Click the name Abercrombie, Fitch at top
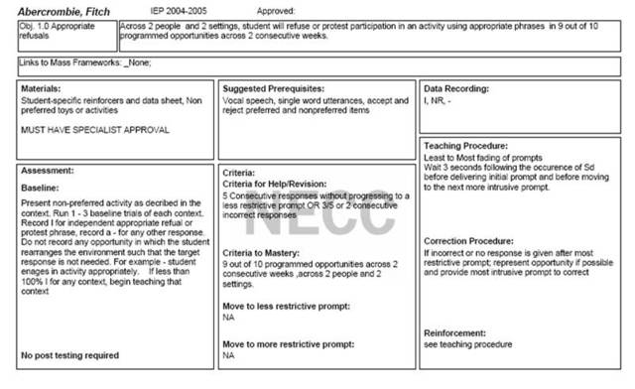(63, 8)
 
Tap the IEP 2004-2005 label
(180, 8)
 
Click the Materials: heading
(42, 89)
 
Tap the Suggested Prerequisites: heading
(273, 89)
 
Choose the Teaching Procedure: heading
(466, 146)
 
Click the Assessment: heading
(46, 170)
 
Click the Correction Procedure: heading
(468, 241)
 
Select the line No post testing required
(69, 354)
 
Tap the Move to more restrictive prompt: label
(288, 343)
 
